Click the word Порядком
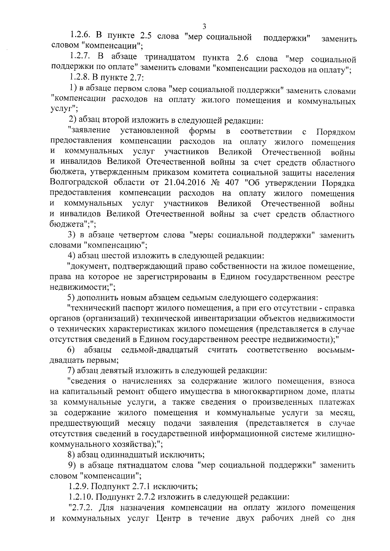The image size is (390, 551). [x=335, y=132]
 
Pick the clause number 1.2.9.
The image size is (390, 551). [x=79, y=487]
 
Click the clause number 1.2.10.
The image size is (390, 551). [x=81, y=497]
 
